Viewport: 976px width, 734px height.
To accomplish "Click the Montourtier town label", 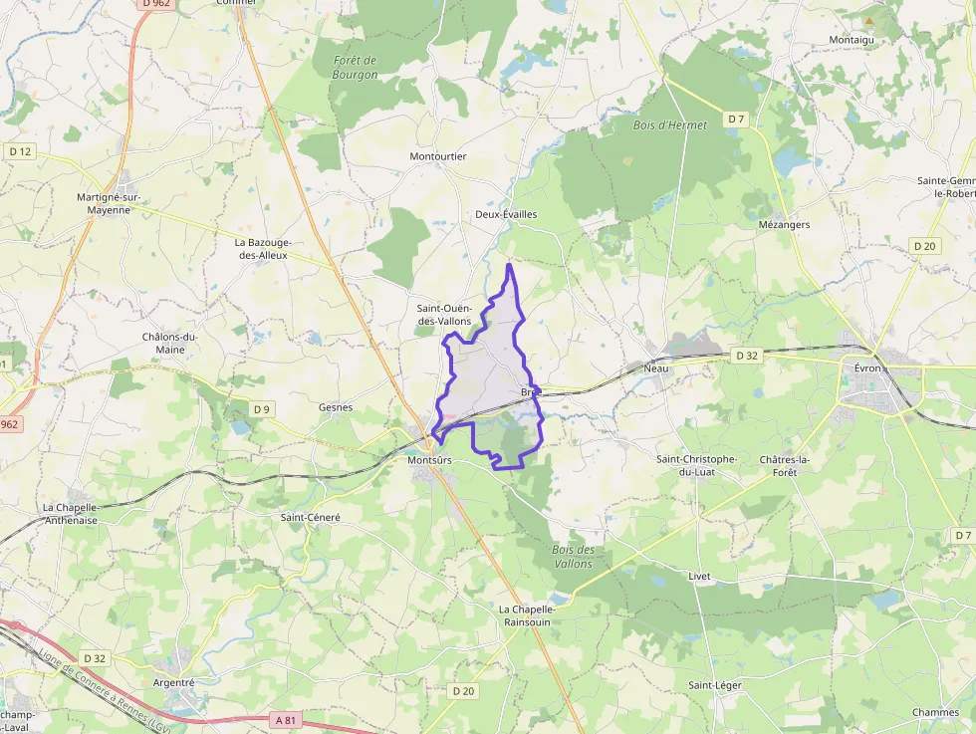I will click(x=438, y=156).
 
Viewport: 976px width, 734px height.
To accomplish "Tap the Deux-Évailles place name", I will click(x=506, y=214).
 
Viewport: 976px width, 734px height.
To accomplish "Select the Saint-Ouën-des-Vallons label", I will click(x=444, y=315).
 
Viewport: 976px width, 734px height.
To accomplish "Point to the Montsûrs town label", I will click(x=430, y=461).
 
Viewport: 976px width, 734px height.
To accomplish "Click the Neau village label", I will click(x=656, y=368).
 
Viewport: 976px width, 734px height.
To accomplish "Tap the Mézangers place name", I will click(x=784, y=225).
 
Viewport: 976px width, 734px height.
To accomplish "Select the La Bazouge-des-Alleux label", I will click(x=261, y=248).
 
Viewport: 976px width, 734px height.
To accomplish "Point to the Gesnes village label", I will click(x=336, y=407).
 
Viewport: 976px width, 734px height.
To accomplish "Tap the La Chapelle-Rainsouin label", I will click(x=524, y=615).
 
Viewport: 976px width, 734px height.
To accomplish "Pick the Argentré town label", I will click(x=174, y=682).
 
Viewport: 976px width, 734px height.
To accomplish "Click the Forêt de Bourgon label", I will click(x=356, y=68).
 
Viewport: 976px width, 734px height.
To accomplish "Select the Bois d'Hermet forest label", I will click(x=670, y=125).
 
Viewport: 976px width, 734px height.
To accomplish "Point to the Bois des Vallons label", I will click(x=573, y=557).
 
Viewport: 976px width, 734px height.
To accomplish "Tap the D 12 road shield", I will click(x=19, y=151).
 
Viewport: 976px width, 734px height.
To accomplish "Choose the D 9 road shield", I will click(x=261, y=409).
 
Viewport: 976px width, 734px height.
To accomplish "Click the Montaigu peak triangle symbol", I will click(x=868, y=20).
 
